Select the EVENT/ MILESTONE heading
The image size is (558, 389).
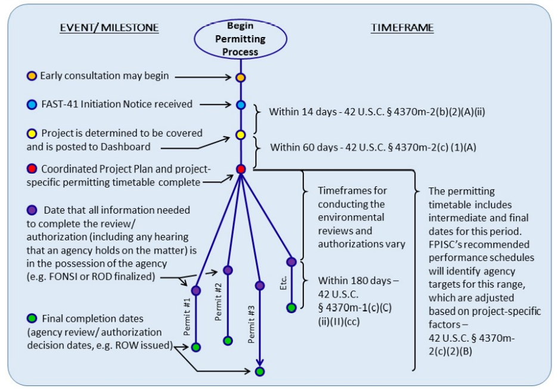[x=109, y=28]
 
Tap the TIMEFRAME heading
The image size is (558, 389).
[x=402, y=28]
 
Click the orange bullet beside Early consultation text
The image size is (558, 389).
[x=32, y=76]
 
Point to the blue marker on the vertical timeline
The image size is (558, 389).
[x=241, y=105]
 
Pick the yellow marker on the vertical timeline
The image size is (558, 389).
[x=241, y=135]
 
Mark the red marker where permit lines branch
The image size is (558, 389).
[x=241, y=169]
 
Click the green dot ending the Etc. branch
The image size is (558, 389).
[x=291, y=308]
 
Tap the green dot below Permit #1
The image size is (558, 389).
[x=196, y=347]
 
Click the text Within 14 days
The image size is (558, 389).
[x=296, y=112]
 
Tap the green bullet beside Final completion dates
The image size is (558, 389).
[x=32, y=318]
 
